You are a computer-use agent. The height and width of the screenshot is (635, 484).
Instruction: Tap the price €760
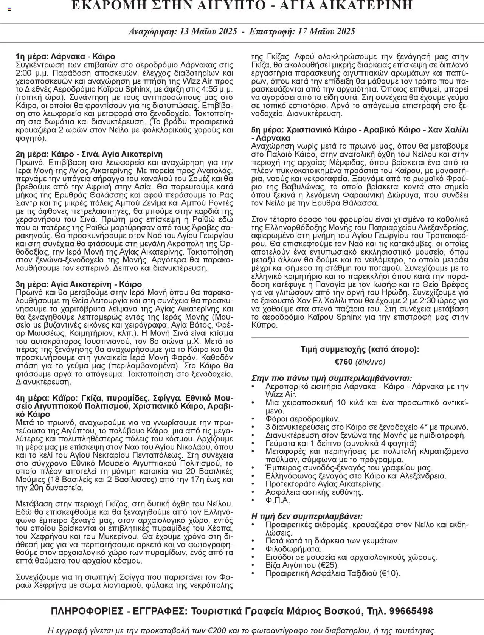click(344, 362)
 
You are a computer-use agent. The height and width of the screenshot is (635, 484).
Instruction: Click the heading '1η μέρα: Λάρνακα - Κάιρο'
click(65, 57)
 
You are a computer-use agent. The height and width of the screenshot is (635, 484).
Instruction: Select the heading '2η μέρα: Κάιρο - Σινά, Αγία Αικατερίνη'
click(89, 154)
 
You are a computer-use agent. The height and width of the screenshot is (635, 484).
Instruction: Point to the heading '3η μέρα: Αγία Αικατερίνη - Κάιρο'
click(79, 284)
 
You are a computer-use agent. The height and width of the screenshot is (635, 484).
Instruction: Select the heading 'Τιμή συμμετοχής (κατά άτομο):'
click(360, 349)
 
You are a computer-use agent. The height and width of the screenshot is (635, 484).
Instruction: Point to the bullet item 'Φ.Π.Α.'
click(278, 500)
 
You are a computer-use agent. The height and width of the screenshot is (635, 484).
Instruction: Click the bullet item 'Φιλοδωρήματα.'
click(293, 549)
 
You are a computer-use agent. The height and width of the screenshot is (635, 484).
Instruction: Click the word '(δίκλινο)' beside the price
click(370, 362)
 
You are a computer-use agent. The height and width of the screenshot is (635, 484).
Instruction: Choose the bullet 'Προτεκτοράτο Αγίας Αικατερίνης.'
click(324, 484)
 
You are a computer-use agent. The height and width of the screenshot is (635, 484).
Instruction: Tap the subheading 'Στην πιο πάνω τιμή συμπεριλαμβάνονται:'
click(332, 378)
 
